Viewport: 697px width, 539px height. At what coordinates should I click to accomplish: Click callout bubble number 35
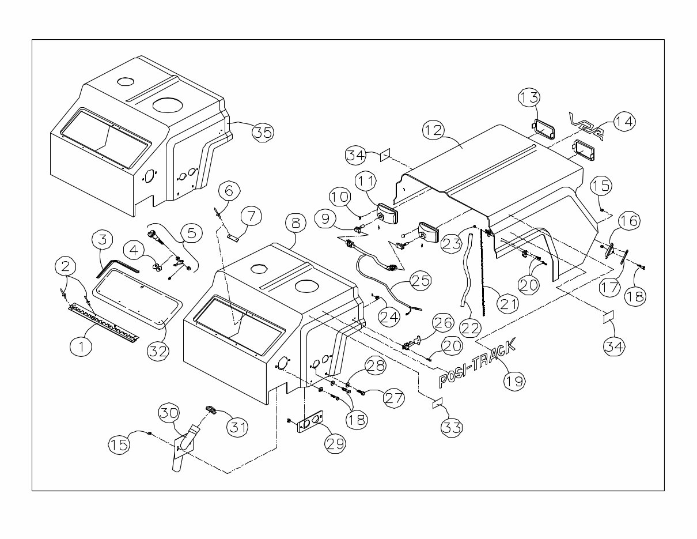pos(263,132)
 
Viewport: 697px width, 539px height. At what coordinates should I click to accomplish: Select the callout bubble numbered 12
pos(434,130)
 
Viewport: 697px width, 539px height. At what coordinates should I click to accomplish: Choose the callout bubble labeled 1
pos(81,346)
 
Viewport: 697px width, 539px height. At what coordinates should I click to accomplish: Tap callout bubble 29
pos(336,443)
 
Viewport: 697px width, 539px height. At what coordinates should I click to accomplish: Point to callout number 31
pos(236,427)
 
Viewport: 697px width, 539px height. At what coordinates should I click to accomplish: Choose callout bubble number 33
pos(452,427)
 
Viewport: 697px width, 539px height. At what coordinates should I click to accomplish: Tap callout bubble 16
pos(629,221)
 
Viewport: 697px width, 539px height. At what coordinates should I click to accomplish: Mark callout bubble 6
pos(229,190)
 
